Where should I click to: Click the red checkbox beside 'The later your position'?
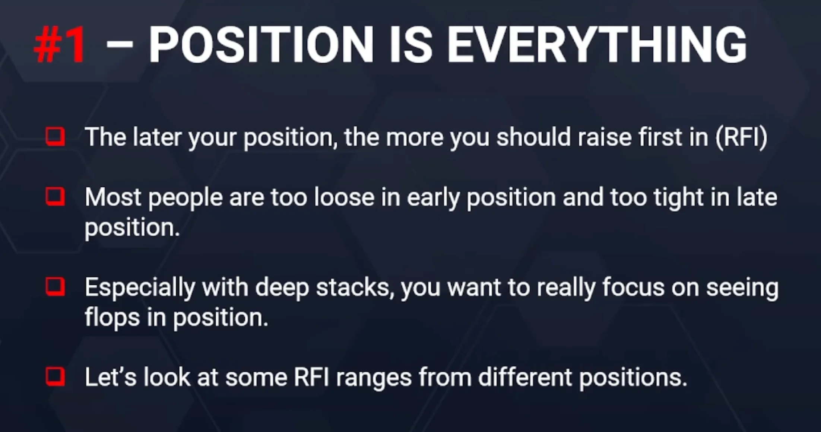(x=55, y=137)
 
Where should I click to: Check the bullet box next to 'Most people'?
(x=55, y=197)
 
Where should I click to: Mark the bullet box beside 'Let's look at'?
(x=55, y=377)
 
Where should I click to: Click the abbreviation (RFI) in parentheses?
(x=741, y=137)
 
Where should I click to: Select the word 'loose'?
(x=344, y=197)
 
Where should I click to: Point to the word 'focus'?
(x=633, y=287)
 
